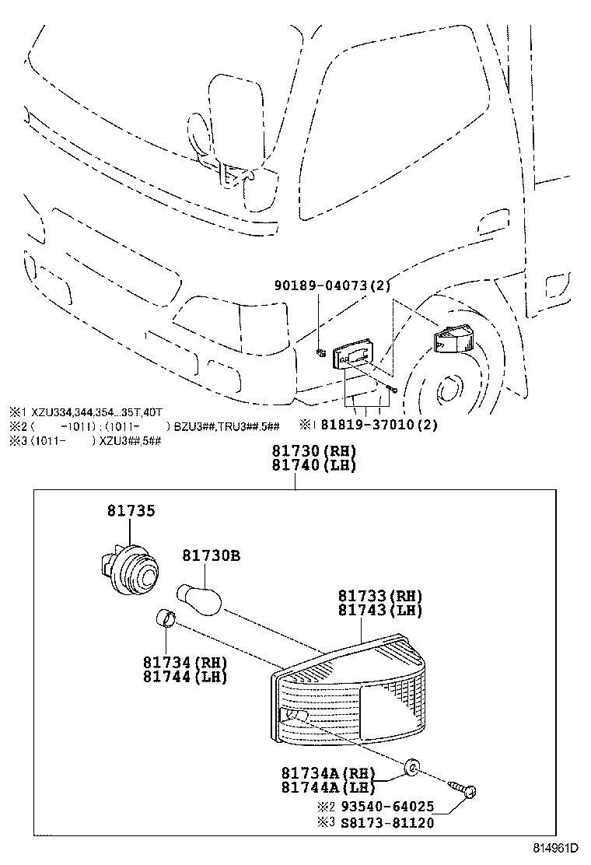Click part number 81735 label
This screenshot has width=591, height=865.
[x=131, y=511]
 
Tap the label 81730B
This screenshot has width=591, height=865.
[x=211, y=556]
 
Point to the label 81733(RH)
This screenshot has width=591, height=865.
[x=379, y=596]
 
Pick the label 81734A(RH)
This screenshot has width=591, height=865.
[x=327, y=773]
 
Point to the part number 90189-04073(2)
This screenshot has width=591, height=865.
[x=331, y=287]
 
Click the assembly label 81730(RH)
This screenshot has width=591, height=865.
[x=313, y=452]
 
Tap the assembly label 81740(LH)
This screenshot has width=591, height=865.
[x=313, y=466]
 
